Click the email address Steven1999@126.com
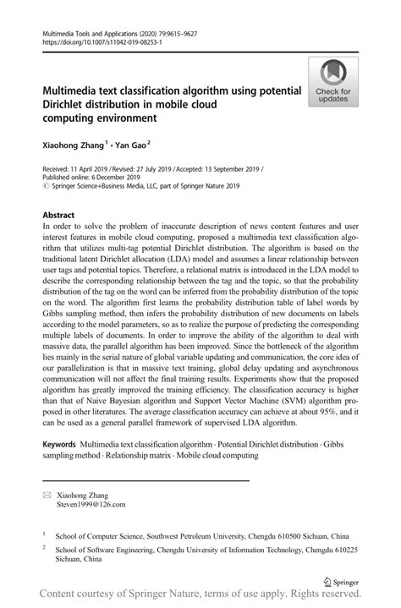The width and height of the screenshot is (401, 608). point(91,505)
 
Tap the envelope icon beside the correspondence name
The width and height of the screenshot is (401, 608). point(47,494)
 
